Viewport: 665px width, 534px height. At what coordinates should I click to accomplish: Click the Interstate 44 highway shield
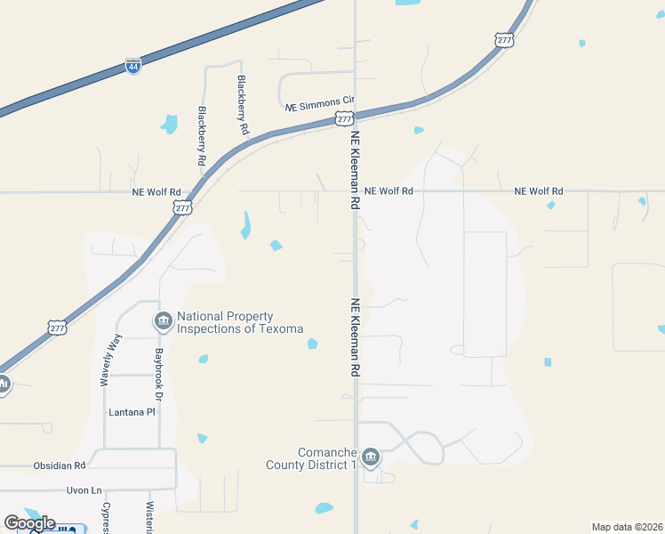[132, 67]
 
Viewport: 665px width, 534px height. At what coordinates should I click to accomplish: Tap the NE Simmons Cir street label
[320, 106]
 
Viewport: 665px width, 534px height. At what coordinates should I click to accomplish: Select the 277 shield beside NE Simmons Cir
[343, 118]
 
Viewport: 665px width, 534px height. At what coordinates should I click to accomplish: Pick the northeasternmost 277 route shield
[504, 40]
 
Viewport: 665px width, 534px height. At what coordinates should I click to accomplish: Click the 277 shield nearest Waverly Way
[57, 327]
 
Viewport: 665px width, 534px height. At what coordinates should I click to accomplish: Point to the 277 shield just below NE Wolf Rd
[182, 207]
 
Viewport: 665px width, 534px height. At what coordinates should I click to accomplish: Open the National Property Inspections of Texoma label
[240, 322]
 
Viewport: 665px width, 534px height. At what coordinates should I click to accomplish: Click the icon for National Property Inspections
[163, 320]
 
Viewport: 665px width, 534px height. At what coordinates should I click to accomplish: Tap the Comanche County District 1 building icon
[371, 458]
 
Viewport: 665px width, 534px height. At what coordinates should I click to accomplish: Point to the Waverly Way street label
[110, 359]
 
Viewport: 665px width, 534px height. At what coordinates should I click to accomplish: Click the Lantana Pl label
[132, 413]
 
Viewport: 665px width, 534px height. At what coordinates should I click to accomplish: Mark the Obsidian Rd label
[60, 465]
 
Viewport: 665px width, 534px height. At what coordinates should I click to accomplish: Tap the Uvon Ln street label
[84, 490]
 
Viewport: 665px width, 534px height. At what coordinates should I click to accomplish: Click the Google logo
[29, 523]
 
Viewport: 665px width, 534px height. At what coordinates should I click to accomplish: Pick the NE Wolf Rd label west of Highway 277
[156, 191]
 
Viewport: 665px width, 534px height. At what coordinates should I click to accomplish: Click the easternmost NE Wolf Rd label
[539, 191]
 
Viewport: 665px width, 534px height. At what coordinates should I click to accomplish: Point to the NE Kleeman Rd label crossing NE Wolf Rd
[355, 170]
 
